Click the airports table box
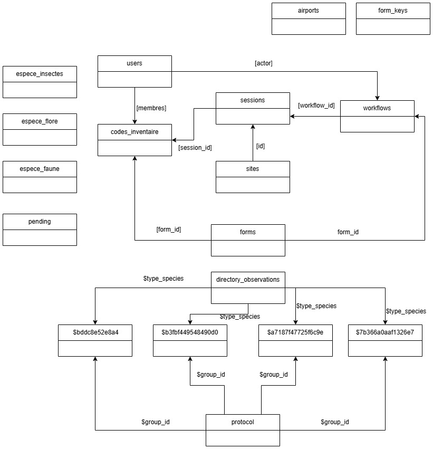click(309, 18)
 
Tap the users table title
click(134, 63)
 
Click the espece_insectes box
click(40, 82)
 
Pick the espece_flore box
click(40, 129)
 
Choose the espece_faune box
click(40, 177)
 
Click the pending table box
click(40, 230)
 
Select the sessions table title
click(253, 100)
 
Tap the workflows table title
click(377, 108)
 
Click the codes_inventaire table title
click(134, 132)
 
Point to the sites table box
click(253, 177)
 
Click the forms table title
click(248, 232)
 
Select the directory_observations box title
click(248, 280)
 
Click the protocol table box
click(243, 430)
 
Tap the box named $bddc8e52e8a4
click(95, 340)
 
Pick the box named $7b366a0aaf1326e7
click(385, 340)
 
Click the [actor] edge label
click(263, 63)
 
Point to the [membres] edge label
click(151, 108)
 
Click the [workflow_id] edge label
click(316, 106)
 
